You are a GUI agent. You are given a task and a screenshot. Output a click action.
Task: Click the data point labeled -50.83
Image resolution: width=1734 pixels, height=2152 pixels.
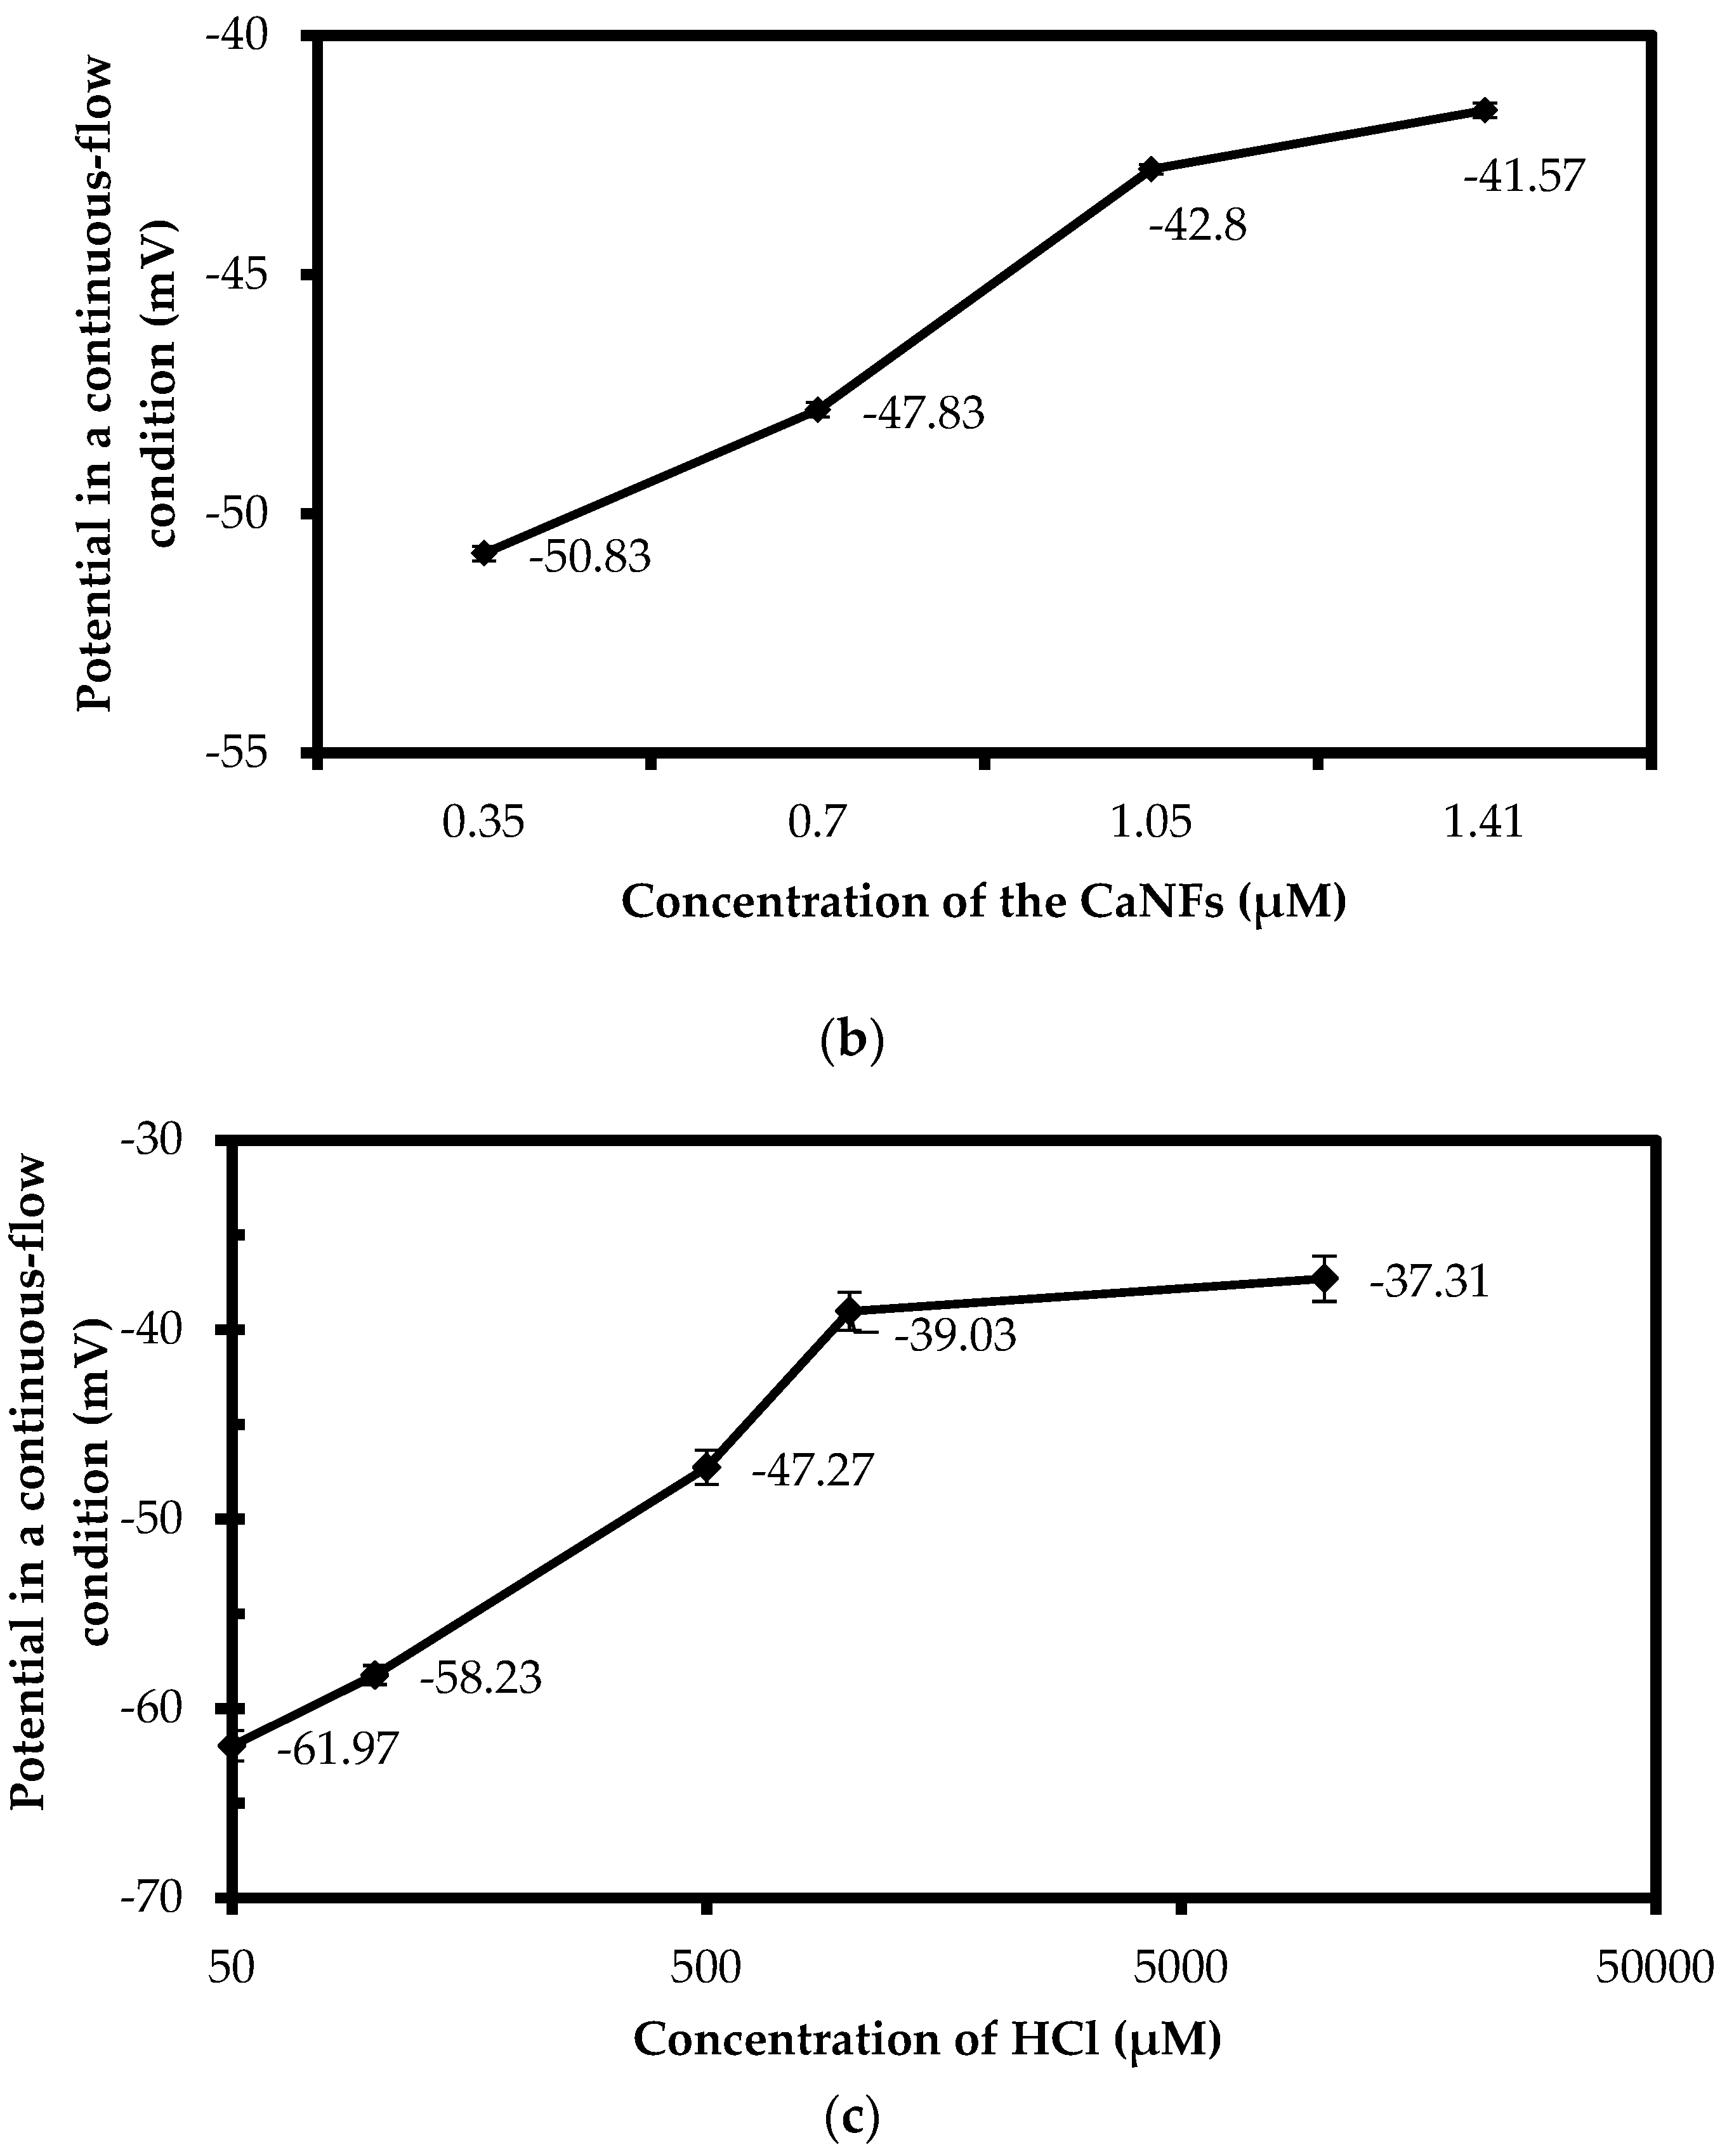point(485,553)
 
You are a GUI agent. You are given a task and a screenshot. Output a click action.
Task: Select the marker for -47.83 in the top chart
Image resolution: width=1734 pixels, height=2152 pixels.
point(817,410)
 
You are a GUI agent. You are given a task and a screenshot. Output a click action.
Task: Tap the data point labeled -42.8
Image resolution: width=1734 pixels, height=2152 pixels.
point(1151,169)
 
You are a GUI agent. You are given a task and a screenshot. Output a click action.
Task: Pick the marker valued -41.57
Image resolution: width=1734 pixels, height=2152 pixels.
point(1485,110)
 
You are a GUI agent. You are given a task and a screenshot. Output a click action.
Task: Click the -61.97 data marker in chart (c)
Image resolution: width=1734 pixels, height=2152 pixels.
point(233,1745)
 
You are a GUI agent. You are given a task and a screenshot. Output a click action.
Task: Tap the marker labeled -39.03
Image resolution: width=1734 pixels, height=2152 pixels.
point(849,1311)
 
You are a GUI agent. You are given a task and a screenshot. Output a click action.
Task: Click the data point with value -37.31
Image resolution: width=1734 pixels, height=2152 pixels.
point(1325,1278)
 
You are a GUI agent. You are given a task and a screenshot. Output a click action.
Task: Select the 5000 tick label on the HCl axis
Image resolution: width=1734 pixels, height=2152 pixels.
point(1181,1967)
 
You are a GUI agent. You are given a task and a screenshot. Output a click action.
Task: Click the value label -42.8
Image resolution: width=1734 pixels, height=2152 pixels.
point(1198,226)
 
